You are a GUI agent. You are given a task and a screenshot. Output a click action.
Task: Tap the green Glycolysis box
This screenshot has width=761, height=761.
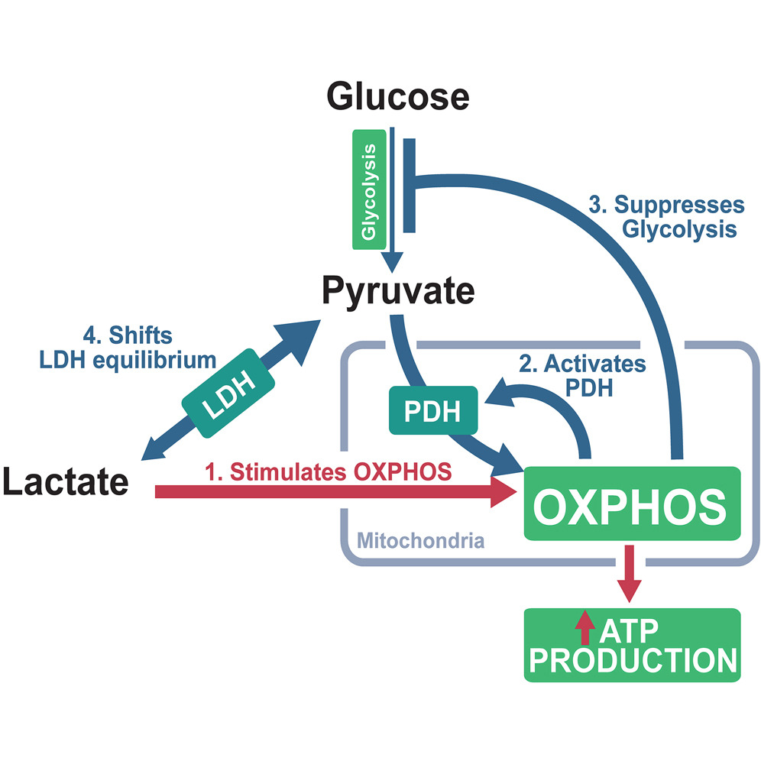tap(370, 189)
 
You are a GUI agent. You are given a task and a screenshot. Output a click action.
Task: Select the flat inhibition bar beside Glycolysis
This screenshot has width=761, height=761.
tap(409, 185)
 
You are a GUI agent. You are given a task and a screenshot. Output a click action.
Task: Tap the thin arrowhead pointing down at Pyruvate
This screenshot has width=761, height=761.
tap(392, 264)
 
